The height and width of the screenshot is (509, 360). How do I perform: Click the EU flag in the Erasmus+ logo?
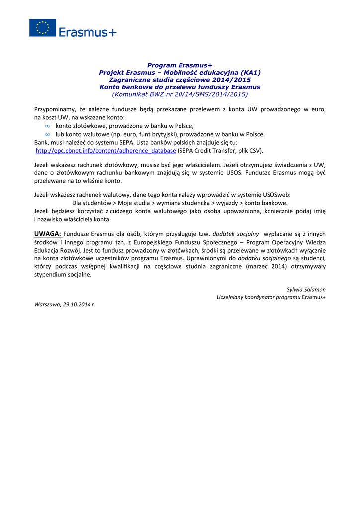pos(42,28)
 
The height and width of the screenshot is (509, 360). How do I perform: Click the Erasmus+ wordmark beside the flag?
pos(88,32)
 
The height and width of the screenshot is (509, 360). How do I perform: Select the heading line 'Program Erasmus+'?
pos(180,65)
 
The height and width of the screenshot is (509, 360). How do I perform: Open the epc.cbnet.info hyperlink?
pos(106,151)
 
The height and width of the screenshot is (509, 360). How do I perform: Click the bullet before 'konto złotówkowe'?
pos(47,126)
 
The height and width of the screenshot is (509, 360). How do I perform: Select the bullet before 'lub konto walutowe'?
pos(47,134)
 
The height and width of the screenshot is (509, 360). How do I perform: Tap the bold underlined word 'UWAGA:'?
pos(48,233)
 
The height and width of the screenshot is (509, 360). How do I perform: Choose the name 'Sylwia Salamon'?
pos(306,289)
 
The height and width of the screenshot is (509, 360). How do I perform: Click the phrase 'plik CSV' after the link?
pos(249,151)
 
